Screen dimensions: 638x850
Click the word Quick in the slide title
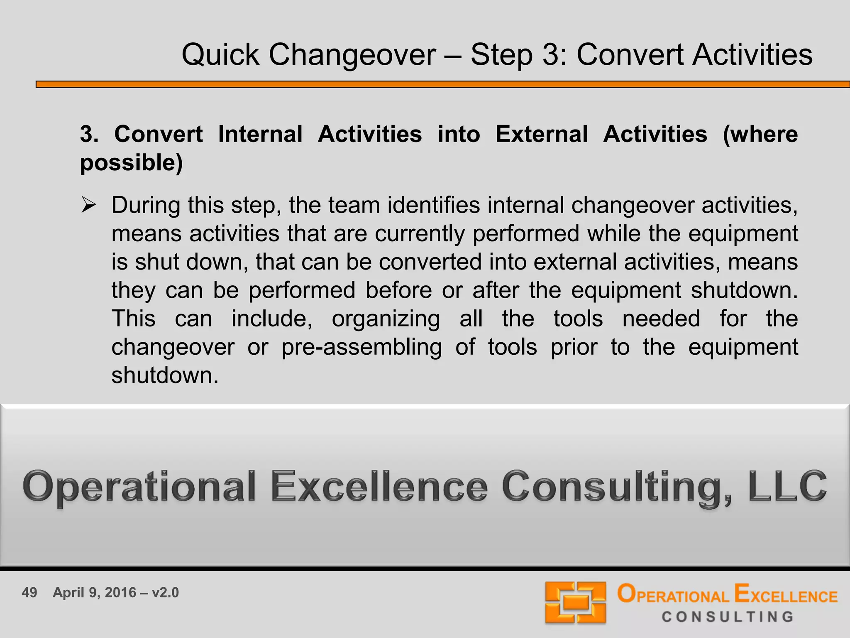click(x=220, y=55)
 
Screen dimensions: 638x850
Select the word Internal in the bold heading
click(x=260, y=134)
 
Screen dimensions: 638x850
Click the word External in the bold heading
click(x=541, y=134)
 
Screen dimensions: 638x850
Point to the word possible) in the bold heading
click(x=131, y=162)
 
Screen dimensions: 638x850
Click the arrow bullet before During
click(x=88, y=205)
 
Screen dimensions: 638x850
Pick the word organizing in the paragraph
click(x=386, y=319)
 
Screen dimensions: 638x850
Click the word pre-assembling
click(x=361, y=347)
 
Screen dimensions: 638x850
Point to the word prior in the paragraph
click(x=574, y=347)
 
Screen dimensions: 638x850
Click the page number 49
click(x=29, y=592)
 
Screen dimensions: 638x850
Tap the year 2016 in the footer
click(x=120, y=592)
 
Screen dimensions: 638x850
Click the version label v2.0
click(x=165, y=592)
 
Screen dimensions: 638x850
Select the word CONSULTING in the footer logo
click(x=728, y=617)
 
